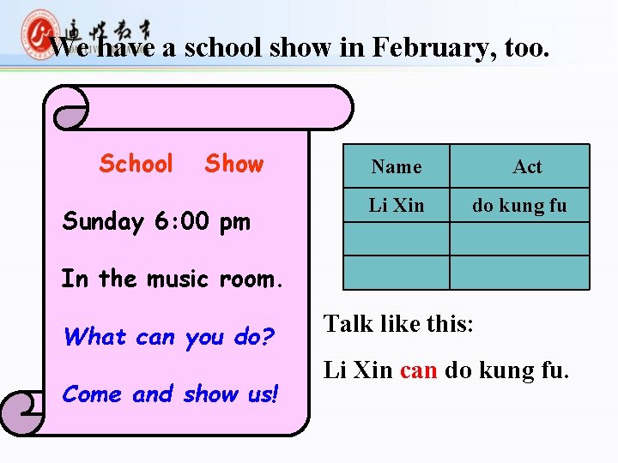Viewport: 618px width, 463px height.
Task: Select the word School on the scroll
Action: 136,163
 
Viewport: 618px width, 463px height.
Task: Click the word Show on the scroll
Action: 233,163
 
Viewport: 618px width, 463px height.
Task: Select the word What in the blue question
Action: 95,336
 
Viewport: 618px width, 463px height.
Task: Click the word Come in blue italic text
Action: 94,394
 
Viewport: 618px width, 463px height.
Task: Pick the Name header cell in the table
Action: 396,166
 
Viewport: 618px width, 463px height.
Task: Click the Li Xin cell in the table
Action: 396,205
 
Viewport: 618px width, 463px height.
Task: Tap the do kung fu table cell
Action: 519,205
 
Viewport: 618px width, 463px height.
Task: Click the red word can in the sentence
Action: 418,370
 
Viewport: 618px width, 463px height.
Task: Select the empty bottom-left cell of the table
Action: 396,273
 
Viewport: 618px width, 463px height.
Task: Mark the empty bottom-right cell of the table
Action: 519,273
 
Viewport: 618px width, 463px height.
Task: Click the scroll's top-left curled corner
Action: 68,106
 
